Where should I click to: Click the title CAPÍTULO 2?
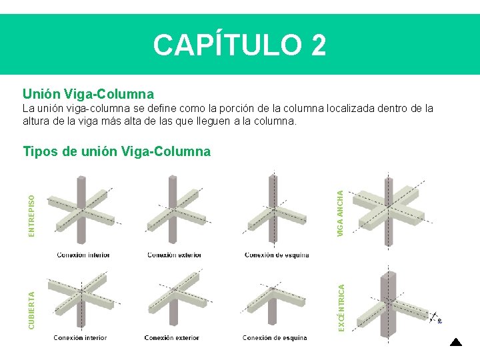coord(240,45)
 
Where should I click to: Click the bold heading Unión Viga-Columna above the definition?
coord(88,94)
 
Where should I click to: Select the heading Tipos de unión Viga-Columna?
coord(116,151)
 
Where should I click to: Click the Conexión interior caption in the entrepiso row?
coord(83,255)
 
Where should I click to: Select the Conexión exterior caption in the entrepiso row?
coord(175,255)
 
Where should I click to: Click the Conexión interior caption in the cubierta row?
coord(81,338)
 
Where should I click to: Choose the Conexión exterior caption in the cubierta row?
coord(172,338)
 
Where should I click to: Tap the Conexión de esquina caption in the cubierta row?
coord(275,338)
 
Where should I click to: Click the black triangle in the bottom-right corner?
coord(455,343)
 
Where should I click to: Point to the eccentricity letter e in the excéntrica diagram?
coord(439,321)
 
